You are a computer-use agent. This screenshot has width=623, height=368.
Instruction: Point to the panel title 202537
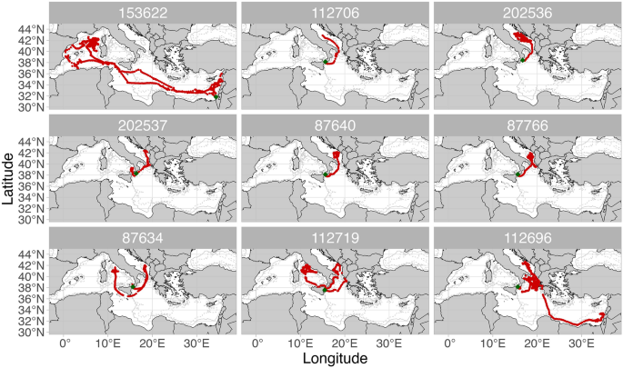coord(141,124)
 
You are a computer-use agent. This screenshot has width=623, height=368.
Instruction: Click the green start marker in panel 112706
coord(327,61)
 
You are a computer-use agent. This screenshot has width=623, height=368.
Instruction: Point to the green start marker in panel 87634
coord(133,286)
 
